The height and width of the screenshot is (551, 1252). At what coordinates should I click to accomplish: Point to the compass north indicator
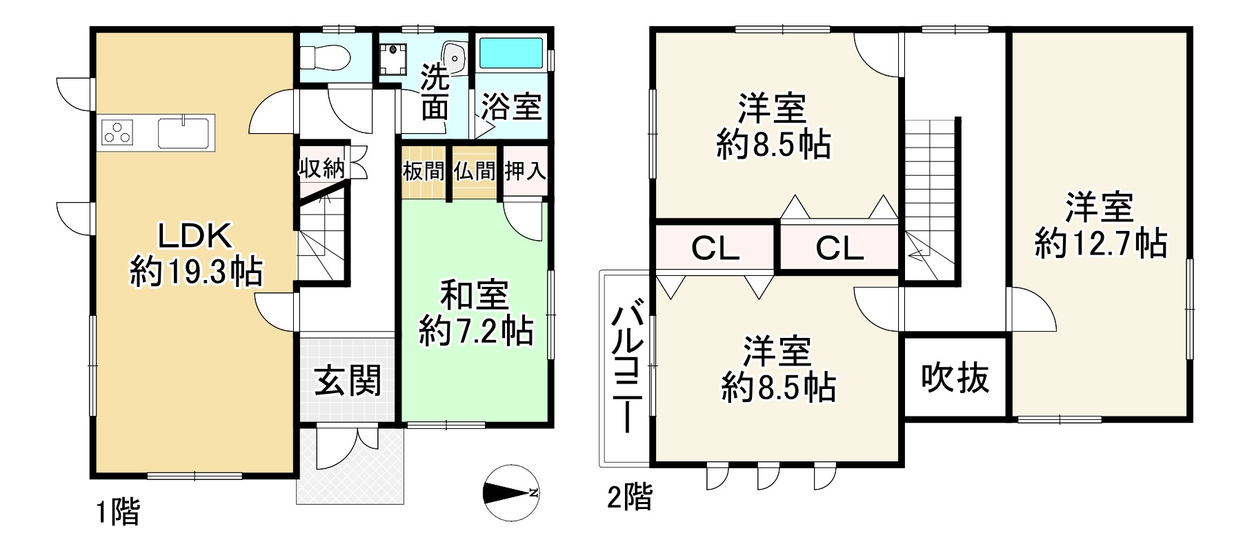point(511,493)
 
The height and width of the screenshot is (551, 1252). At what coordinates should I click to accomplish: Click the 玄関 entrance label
point(348,380)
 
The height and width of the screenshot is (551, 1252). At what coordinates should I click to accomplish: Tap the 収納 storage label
point(321,168)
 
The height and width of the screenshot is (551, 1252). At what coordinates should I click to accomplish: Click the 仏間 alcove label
point(475,171)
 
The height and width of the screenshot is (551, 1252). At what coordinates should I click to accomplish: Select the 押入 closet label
point(526,171)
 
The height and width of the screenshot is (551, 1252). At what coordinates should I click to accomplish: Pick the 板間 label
point(424,171)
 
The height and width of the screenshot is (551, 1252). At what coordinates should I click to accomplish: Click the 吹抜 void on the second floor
point(955,377)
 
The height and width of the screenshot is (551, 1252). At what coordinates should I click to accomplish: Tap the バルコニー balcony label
point(628,370)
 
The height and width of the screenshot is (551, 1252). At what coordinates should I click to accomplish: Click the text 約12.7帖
point(1100,243)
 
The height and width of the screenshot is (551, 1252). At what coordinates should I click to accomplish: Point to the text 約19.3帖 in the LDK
point(196,273)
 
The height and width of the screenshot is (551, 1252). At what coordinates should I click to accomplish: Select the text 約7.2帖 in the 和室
point(476,332)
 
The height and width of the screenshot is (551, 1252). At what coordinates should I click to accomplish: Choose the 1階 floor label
point(117,512)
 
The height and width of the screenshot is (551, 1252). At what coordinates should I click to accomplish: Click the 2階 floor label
point(629,497)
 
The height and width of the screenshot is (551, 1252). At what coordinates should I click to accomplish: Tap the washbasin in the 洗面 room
point(453,54)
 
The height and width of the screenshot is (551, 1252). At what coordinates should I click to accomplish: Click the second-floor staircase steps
point(928,179)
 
